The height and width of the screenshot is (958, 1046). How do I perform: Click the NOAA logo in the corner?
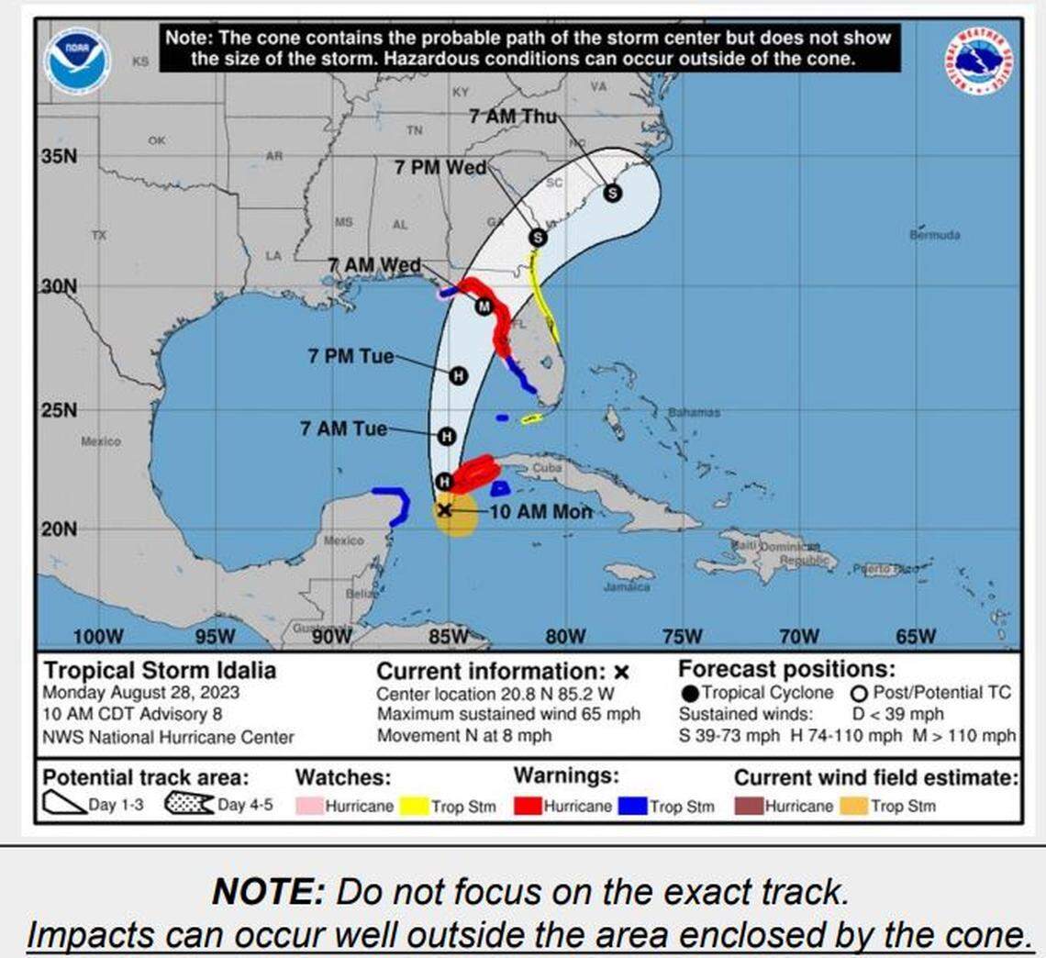[78, 61]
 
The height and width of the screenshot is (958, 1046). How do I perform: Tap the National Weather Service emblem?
[978, 61]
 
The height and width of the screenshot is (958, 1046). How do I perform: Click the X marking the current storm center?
[444, 509]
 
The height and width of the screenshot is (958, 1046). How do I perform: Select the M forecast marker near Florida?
[484, 306]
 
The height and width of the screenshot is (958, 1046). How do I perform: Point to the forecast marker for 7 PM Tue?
[458, 374]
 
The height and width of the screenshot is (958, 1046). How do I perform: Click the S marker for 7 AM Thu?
[611, 193]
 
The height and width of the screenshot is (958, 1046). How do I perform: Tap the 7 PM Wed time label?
[440, 168]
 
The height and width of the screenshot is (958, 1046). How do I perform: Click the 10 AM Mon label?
[541, 512]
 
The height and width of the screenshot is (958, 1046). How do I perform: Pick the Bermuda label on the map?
[935, 235]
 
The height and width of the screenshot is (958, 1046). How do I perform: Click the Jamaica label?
[627, 586]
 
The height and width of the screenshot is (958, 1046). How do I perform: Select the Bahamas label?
[694, 413]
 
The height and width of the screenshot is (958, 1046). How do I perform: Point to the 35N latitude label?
[59, 156]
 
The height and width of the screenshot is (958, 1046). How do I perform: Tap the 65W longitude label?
[915, 637]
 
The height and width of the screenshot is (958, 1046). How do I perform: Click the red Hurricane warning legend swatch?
[528, 807]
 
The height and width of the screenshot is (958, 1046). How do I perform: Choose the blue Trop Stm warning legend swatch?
[634, 807]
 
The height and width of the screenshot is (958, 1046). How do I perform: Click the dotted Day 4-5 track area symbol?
[189, 805]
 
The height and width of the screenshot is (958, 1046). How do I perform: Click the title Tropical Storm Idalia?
[160, 671]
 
